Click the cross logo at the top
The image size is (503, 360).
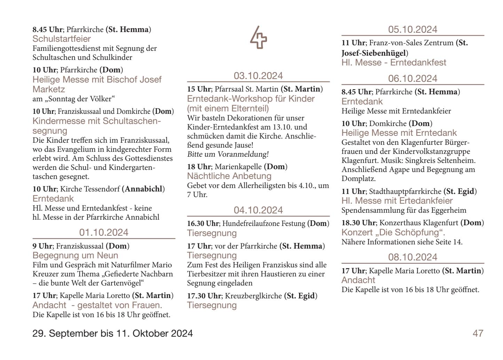pos(259,38)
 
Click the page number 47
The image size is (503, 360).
pos(478,334)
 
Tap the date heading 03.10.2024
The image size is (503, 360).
pos(258,76)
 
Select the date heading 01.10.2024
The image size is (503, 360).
pos(104,233)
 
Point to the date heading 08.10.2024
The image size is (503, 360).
pos(412,257)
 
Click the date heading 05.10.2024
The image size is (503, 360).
pos(412,30)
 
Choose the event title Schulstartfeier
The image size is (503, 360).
pos(62,39)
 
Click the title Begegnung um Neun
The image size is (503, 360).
pos(75,256)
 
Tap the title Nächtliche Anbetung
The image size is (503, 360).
pos(229,176)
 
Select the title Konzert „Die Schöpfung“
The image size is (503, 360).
pos(393,232)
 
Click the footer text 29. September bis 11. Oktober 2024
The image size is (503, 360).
pos(112,334)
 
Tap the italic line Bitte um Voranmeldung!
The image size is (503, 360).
pos(228,154)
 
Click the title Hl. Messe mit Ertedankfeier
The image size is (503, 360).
pos(397,201)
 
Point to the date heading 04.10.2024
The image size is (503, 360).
pos(258,210)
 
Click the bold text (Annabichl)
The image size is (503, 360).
pos(143,189)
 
